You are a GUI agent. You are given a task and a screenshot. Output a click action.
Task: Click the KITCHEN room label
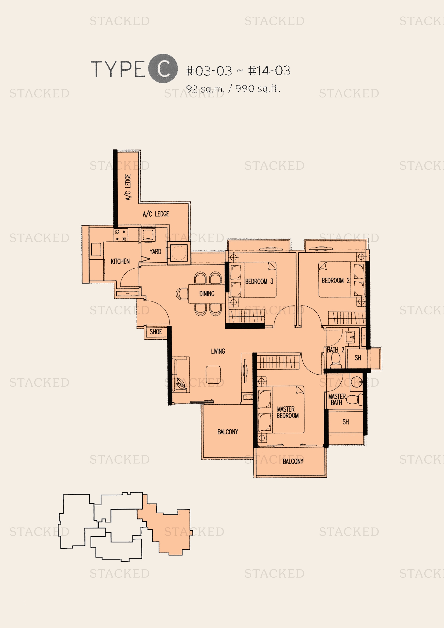pos(120,261)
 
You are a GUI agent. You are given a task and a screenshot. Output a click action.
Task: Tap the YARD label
pos(155,251)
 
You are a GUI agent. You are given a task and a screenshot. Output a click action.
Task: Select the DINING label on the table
pos(207,293)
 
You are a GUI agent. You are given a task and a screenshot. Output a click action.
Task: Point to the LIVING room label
pos(218,351)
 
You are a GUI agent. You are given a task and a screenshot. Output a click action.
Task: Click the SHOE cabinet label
pos(156,332)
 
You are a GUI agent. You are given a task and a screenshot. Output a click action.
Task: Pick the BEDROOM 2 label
pos(336,280)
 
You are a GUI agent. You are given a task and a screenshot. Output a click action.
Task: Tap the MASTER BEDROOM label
pos(287,412)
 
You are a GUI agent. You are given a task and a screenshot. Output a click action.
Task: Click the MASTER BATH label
pos(337,399)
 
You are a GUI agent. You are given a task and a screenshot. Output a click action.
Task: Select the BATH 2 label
pos(336,350)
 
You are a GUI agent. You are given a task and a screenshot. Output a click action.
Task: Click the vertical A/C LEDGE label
pos(128,187)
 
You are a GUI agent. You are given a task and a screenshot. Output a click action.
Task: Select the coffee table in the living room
pos(213,375)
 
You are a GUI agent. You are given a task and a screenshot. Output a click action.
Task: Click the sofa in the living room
pos(181,375)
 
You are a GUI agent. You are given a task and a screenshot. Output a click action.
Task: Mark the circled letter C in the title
pos(163,69)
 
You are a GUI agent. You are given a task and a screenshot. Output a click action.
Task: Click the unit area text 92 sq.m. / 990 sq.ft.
pos(233,89)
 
